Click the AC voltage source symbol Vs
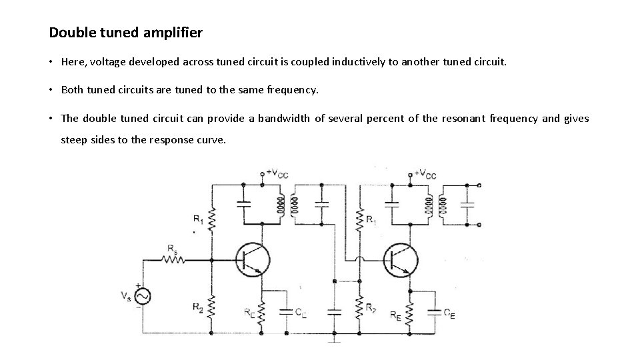[142, 296]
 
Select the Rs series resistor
[175, 260]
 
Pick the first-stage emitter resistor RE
[262, 311]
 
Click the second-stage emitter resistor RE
[411, 311]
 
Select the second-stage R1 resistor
[360, 219]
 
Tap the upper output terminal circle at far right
[479, 185]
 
